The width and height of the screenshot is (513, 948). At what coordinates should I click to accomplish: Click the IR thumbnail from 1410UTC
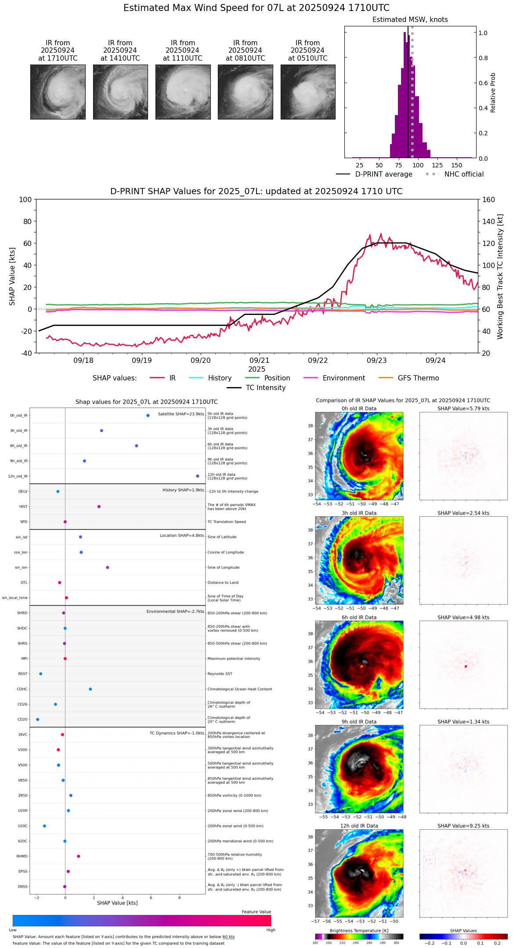coord(120,92)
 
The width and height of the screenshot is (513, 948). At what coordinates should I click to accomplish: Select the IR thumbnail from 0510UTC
coord(308,92)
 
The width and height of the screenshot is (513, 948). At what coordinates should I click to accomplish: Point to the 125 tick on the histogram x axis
coord(437,165)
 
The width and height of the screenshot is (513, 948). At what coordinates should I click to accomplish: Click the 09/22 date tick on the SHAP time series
coord(318,360)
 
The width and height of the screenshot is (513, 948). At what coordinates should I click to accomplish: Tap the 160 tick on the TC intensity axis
coord(488,200)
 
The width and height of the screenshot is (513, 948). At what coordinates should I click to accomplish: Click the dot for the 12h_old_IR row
coord(198,476)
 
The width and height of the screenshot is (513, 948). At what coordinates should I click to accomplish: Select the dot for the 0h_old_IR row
coord(148,416)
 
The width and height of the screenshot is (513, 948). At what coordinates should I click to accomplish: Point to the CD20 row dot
coord(38,720)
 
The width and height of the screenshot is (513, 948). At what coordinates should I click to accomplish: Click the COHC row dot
coord(90,689)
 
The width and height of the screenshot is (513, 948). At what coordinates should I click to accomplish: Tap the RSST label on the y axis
coord(23,674)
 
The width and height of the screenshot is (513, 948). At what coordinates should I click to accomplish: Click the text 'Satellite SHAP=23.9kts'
coord(181,414)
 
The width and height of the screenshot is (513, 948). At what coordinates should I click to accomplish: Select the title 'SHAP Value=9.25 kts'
coord(463,826)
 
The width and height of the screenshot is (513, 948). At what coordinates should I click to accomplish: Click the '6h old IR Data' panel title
coord(359,618)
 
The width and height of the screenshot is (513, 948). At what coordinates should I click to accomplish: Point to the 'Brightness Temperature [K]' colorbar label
coord(359,930)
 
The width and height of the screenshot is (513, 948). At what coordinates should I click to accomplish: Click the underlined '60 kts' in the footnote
coord(228,937)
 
